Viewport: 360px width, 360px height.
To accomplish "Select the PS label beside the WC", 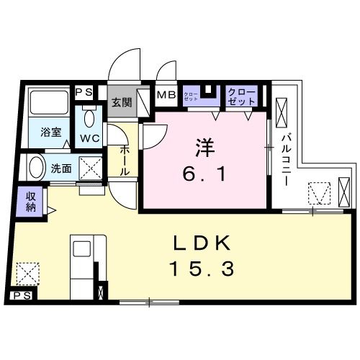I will pyautogui.click(x=84, y=91).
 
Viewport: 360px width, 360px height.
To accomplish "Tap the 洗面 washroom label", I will pyautogui.click(x=61, y=170).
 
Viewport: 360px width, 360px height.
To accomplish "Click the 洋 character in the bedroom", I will pyautogui.click(x=204, y=147).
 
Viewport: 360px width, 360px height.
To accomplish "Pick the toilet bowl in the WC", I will pyautogui.click(x=90, y=117).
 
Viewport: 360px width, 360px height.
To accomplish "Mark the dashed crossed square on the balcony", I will pyautogui.click(x=318, y=194).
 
